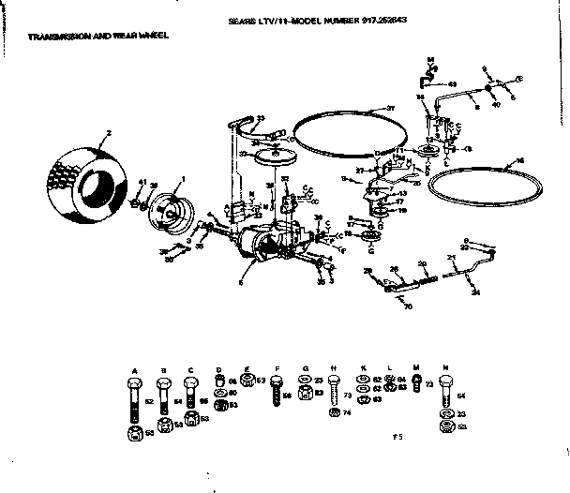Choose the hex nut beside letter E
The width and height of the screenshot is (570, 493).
click(x=247, y=381)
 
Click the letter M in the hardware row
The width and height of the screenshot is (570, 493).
click(x=415, y=368)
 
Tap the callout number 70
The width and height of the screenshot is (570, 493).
click(x=407, y=306)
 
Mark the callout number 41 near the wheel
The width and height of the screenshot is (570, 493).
click(x=142, y=181)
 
